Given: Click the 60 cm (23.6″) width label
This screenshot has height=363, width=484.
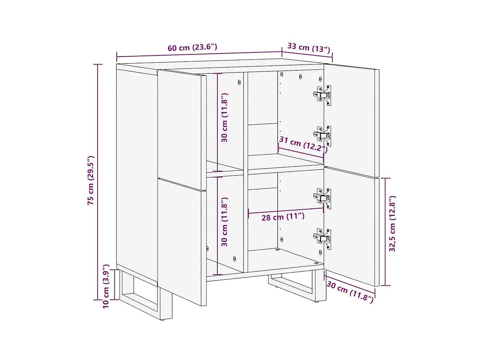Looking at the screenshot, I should (x=192, y=48).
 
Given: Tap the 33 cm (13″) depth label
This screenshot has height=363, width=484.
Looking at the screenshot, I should (x=309, y=48).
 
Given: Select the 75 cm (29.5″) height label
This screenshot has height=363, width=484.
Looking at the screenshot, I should (x=91, y=180).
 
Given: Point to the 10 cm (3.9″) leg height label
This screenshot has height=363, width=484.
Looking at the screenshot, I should (x=106, y=286).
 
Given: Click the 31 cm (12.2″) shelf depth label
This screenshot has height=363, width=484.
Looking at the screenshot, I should (x=303, y=144).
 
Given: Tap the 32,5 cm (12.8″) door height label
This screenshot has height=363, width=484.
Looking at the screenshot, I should (x=392, y=224).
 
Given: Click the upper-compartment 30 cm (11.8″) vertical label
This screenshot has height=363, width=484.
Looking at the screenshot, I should (x=224, y=118).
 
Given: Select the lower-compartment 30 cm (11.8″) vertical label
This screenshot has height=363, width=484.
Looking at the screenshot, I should (x=224, y=222).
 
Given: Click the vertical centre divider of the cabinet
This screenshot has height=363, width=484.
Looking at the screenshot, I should (x=246, y=172).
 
